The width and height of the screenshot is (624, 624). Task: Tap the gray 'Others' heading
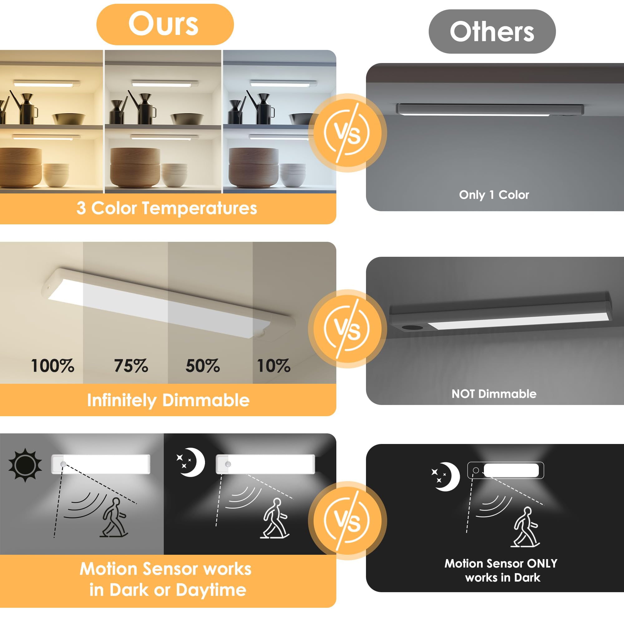(492, 31)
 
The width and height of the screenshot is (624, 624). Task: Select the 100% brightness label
(53, 366)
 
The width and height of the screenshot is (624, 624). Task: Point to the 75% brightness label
(131, 366)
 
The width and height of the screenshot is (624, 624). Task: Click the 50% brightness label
(202, 366)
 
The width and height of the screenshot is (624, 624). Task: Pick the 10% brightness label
(274, 366)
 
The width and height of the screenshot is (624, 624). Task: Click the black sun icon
(25, 465)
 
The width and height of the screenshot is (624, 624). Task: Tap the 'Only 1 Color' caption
(494, 195)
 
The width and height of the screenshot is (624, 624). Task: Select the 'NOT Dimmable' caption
(494, 394)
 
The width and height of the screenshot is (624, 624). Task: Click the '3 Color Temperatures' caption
(167, 208)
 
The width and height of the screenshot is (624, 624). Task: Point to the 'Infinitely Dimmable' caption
(168, 400)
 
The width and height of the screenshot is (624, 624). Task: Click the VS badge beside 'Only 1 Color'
(347, 133)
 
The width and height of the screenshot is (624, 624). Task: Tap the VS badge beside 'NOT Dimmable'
(347, 329)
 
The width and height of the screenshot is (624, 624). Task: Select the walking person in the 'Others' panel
(525, 526)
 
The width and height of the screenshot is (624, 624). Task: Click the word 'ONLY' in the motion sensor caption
(542, 563)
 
